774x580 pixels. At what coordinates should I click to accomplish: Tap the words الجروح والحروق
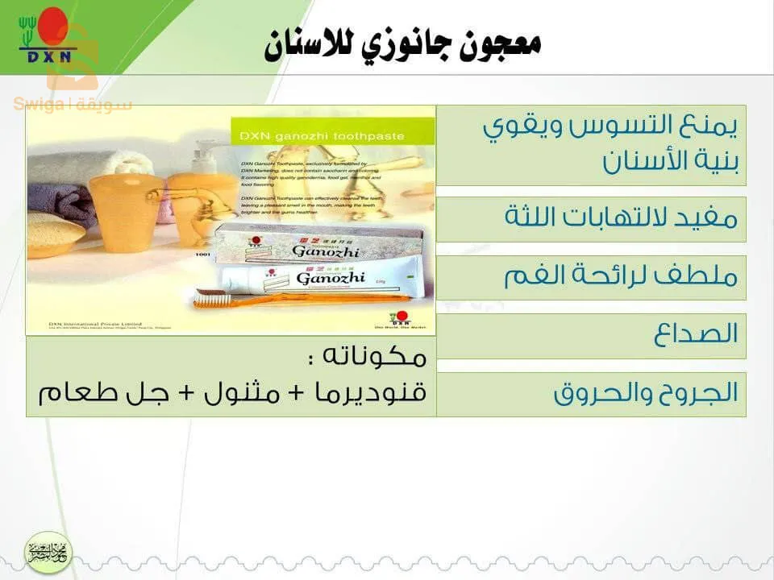[x=646, y=394]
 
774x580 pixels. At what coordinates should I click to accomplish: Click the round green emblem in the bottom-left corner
[x=48, y=553]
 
